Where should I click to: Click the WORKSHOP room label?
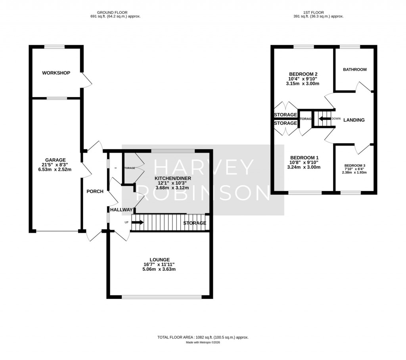pyautogui.click(x=56, y=73)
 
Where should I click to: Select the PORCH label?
pyautogui.click(x=95, y=191)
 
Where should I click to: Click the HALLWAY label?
pyautogui.click(x=121, y=209)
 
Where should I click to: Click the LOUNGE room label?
pyautogui.click(x=159, y=260)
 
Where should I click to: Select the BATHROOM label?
pyautogui.click(x=354, y=69)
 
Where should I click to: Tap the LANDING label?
pyautogui.click(x=354, y=120)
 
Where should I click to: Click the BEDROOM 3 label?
pyautogui.click(x=355, y=166)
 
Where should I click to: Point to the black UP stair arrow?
pyautogui.click(x=137, y=222)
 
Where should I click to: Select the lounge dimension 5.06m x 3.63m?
pyautogui.click(x=159, y=269)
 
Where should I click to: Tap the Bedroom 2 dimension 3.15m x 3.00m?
pyautogui.click(x=303, y=84)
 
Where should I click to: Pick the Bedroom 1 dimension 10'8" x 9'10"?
pyautogui.click(x=304, y=162)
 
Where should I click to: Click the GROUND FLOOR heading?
pyautogui.click(x=115, y=12)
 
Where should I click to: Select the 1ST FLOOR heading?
pyautogui.click(x=318, y=12)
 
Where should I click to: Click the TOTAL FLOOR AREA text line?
pyautogui.click(x=203, y=337)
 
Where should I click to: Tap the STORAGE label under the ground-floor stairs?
pyautogui.click(x=195, y=223)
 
